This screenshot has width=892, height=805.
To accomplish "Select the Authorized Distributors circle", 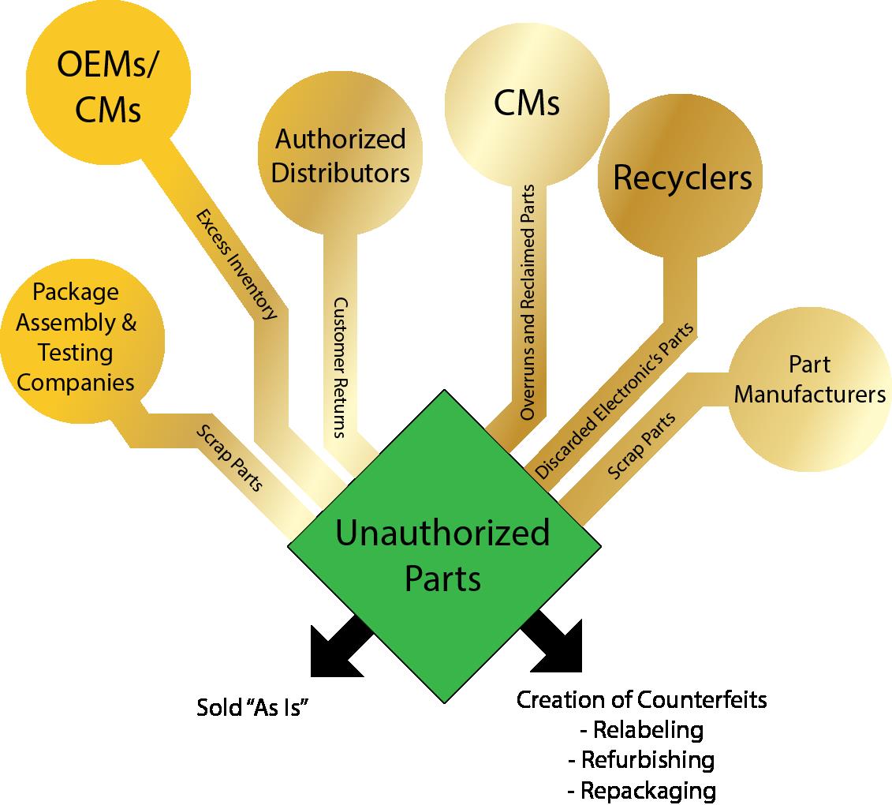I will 340,156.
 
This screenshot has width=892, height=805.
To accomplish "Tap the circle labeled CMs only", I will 527,103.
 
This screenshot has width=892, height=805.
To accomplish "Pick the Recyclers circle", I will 682,178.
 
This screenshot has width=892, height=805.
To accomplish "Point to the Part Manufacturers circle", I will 809,380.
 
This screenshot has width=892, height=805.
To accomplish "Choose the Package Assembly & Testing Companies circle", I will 77,338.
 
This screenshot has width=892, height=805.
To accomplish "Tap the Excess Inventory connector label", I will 237,264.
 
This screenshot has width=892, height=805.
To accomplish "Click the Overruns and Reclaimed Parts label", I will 528,301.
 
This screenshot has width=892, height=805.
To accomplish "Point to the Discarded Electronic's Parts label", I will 614,401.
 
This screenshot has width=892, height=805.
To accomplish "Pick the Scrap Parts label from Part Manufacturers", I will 642,446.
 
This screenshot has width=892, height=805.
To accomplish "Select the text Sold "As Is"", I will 252,707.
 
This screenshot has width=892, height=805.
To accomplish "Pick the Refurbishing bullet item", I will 641,760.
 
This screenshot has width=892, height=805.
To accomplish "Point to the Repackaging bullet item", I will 641,790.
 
